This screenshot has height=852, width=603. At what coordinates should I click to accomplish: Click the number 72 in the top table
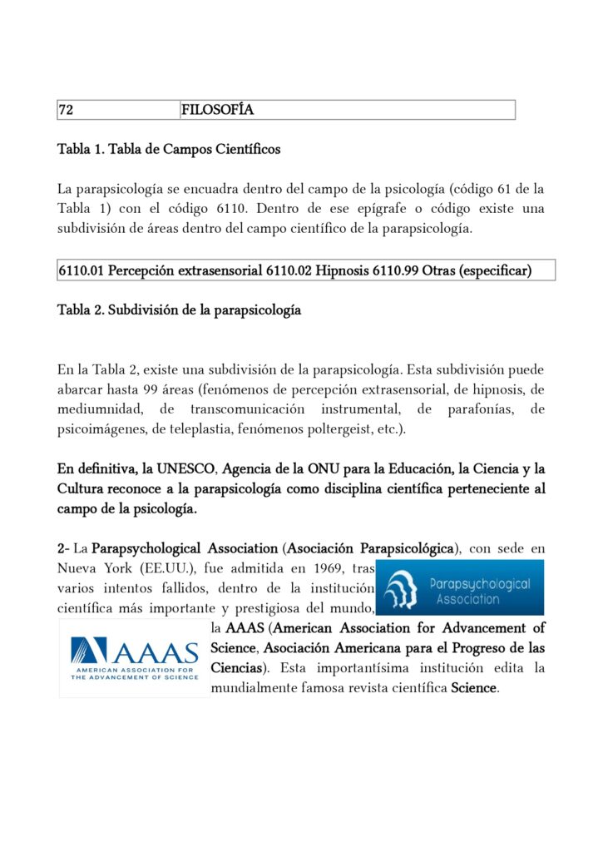(65, 110)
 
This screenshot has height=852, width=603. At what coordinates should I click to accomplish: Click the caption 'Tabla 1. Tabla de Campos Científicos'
(169, 150)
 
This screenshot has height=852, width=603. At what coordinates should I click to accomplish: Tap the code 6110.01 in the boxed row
(81, 270)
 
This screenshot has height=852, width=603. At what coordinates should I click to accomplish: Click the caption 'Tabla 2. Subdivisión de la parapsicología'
(179, 310)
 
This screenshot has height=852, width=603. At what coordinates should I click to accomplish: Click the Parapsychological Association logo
(459, 587)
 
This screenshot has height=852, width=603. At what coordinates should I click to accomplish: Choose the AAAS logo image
(134, 658)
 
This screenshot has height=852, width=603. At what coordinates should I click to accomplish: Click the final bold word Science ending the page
(473, 688)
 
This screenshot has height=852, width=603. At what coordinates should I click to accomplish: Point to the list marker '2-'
(63, 548)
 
